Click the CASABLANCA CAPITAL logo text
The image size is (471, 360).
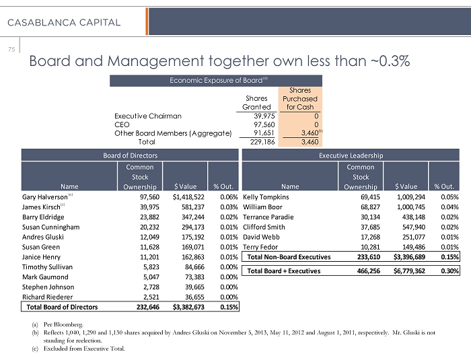click(x=65, y=22)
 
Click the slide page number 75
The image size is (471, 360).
click(x=11, y=48)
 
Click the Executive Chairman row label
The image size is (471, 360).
click(x=147, y=116)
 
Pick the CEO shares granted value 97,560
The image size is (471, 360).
click(x=258, y=124)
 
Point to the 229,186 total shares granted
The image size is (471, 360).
click(x=258, y=142)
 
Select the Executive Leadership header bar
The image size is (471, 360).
click(x=351, y=155)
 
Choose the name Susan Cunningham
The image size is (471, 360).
click(x=51, y=227)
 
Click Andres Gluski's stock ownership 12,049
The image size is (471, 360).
click(x=143, y=237)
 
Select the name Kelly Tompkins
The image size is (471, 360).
click(x=266, y=197)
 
